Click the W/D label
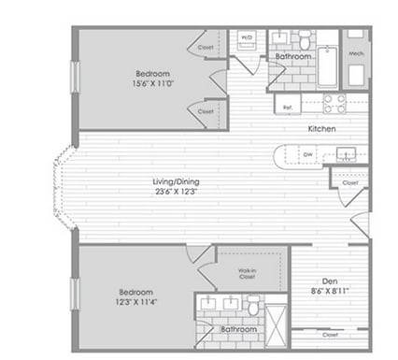click(x=248, y=38)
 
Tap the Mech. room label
click(x=355, y=53)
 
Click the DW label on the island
click(x=307, y=154)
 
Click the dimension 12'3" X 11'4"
click(x=136, y=300)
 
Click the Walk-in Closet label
click(x=247, y=273)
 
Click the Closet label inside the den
click(x=330, y=334)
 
